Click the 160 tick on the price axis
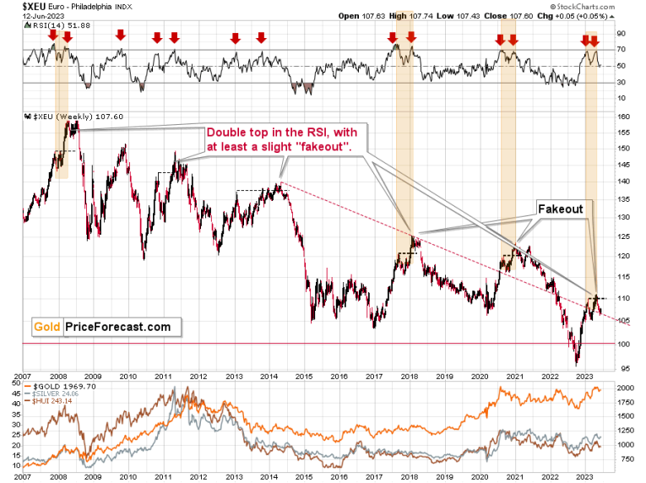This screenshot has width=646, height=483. (x=622, y=117)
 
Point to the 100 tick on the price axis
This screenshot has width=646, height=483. (x=622, y=344)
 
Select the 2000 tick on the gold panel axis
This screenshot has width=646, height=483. (x=626, y=386)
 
